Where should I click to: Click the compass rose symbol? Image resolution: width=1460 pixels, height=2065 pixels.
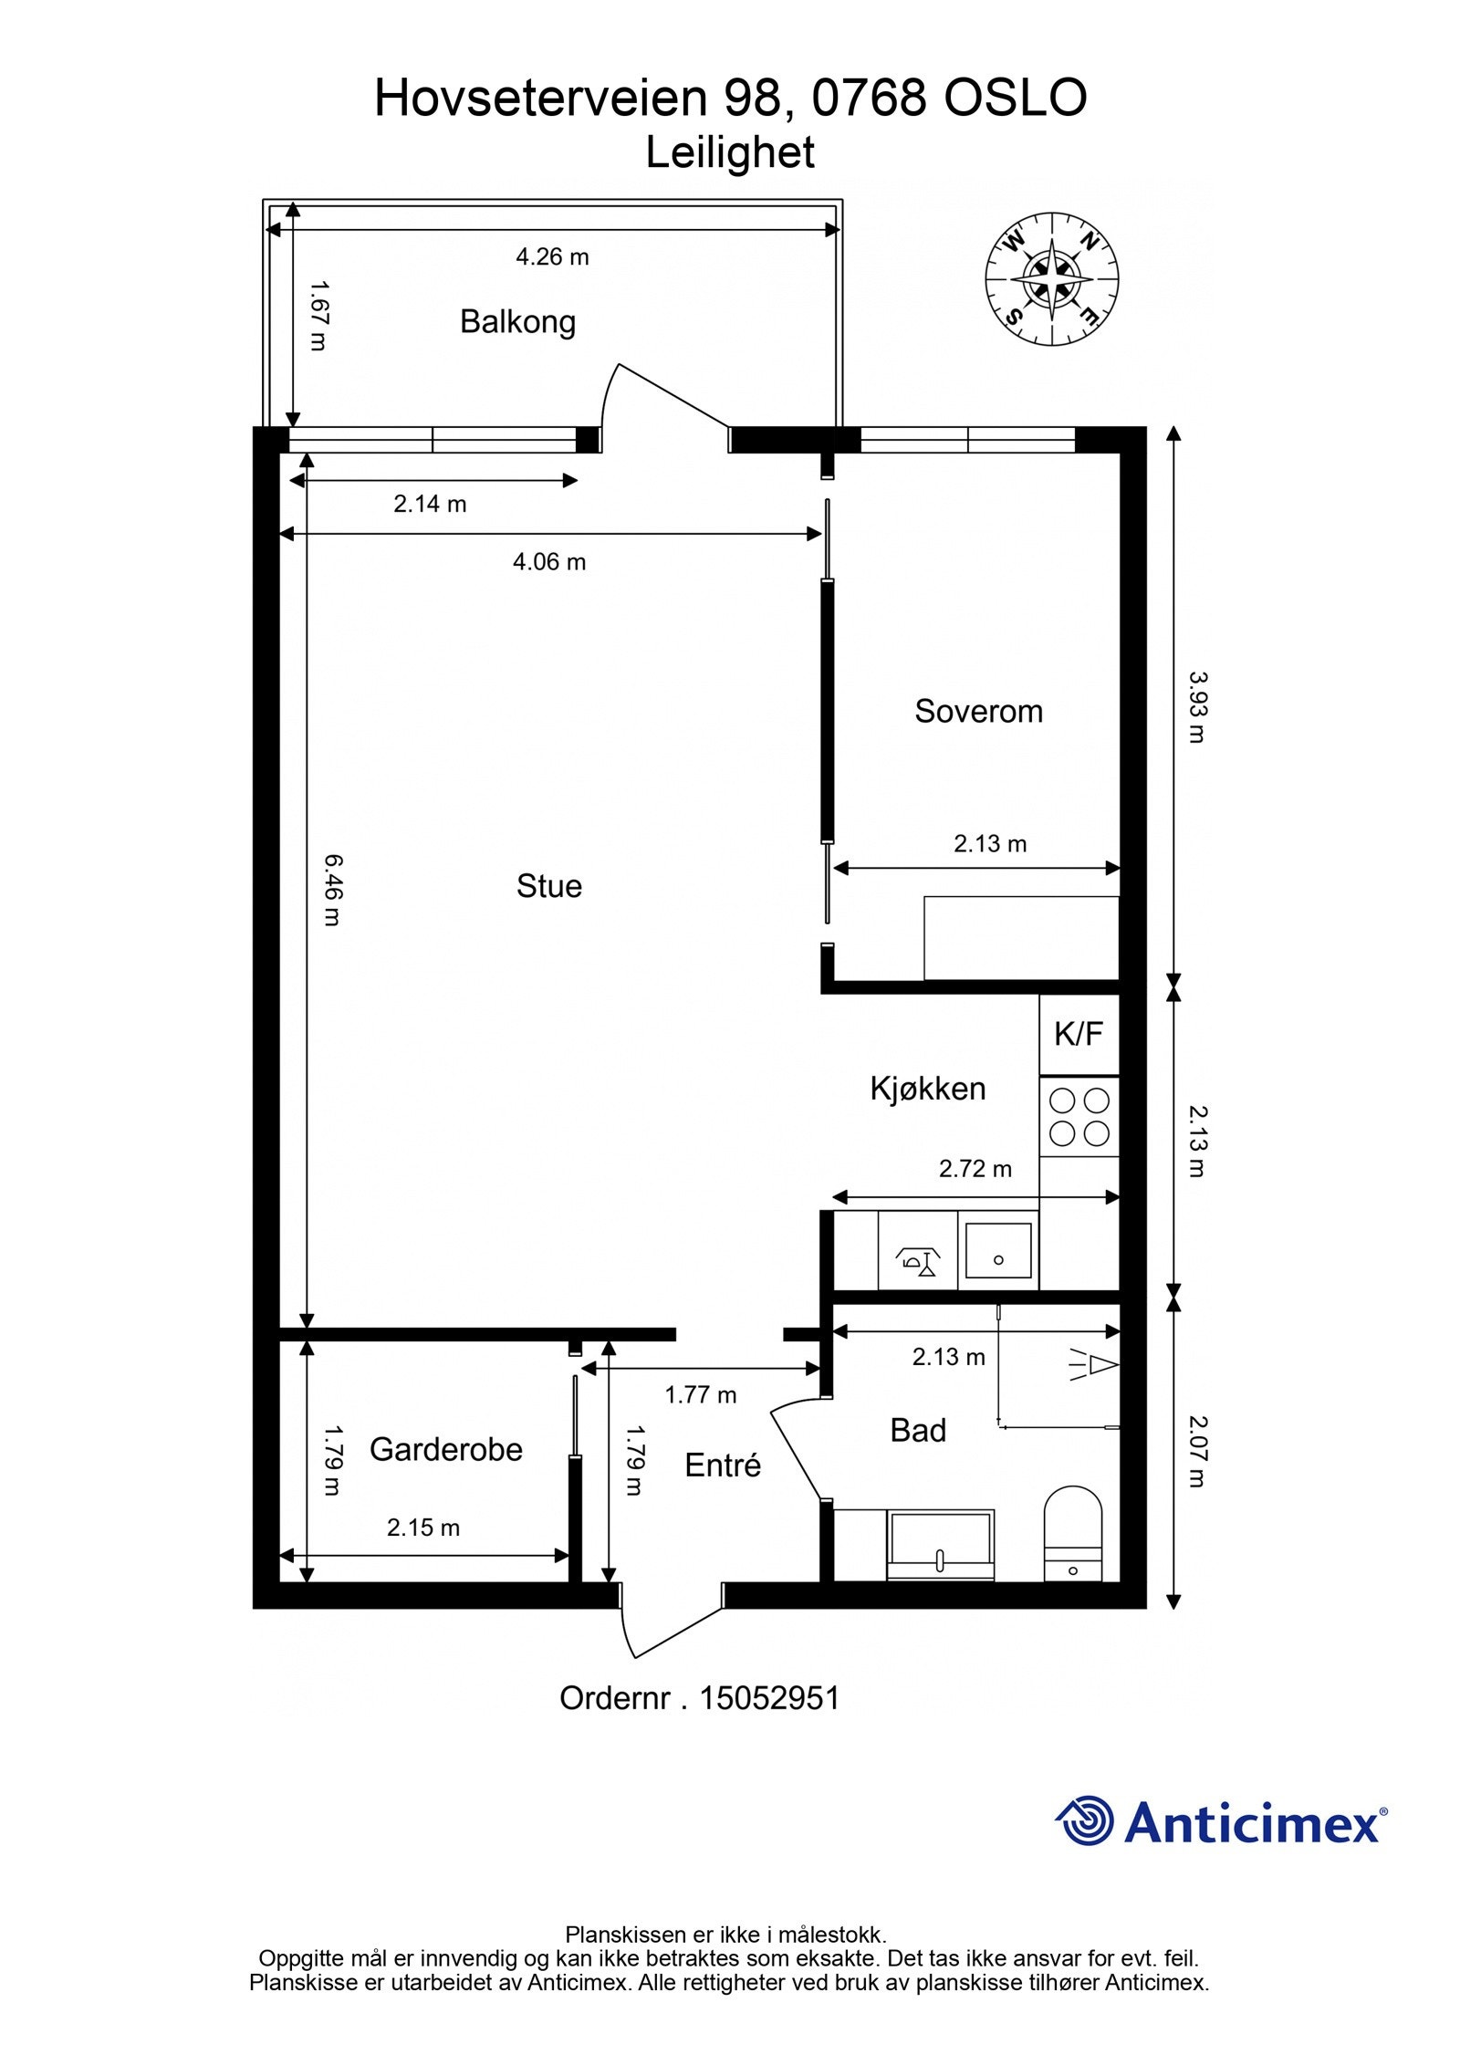(x=1051, y=279)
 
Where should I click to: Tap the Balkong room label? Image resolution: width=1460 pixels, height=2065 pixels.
(x=517, y=322)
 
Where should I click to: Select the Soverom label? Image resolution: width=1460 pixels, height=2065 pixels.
(x=978, y=711)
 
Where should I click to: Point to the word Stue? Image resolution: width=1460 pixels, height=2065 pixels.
(x=548, y=886)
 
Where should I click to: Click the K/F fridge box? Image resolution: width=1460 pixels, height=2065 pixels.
(x=1079, y=1034)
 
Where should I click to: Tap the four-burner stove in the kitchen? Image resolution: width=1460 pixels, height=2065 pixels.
(x=1079, y=1117)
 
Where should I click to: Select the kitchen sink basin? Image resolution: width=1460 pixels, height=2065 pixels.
(x=998, y=1250)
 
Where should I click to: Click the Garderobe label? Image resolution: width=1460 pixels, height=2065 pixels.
(x=445, y=1449)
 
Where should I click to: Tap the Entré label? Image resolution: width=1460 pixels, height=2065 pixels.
(x=723, y=1465)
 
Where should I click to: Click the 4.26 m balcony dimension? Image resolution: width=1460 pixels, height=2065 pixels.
(x=552, y=257)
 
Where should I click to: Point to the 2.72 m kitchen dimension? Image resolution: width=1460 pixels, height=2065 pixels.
(x=975, y=1169)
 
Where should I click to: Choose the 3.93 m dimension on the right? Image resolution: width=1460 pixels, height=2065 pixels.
(x=1196, y=707)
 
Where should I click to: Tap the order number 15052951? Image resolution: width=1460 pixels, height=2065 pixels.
(x=769, y=1698)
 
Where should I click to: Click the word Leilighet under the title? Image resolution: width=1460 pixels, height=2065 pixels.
(x=730, y=152)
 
